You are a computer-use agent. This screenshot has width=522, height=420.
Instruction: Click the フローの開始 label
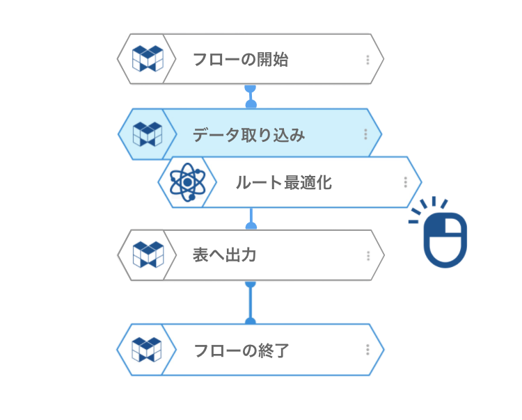click(x=240, y=60)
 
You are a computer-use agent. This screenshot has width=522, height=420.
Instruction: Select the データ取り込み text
click(x=248, y=135)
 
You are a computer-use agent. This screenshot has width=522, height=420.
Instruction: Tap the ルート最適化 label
click(x=283, y=183)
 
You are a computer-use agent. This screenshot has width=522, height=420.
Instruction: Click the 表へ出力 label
click(x=224, y=255)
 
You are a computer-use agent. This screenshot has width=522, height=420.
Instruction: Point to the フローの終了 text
click(x=241, y=350)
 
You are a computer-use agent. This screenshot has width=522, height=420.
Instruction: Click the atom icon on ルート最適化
click(x=186, y=182)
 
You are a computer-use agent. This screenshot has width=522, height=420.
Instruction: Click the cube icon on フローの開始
click(x=147, y=59)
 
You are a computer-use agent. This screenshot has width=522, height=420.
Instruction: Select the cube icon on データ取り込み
click(x=147, y=134)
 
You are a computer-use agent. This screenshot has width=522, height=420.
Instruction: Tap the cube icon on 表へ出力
click(x=147, y=255)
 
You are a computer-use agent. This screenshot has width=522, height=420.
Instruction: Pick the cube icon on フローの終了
click(x=147, y=350)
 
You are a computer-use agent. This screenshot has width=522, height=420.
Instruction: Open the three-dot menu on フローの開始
click(x=367, y=60)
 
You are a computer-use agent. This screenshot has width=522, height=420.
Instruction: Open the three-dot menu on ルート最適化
click(x=405, y=182)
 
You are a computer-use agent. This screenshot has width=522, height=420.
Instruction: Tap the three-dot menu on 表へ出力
click(x=367, y=255)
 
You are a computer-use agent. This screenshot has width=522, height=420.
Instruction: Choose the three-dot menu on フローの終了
click(x=367, y=350)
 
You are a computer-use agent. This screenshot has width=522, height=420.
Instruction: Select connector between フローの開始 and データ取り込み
click(x=251, y=96)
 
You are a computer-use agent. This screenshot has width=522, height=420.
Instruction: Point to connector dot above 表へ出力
click(x=251, y=226)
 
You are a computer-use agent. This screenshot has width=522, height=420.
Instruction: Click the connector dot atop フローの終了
click(x=251, y=321)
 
